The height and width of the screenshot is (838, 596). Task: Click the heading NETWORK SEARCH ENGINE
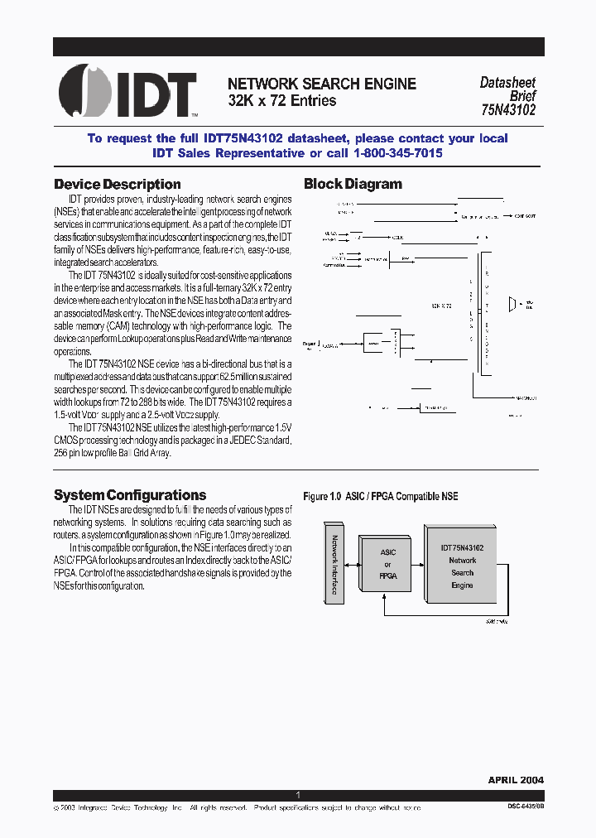[322, 84]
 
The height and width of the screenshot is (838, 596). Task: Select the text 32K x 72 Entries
[282, 100]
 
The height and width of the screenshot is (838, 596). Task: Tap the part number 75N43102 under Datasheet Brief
[507, 108]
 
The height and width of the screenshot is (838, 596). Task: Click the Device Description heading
[117, 184]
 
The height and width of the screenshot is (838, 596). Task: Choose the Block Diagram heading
[353, 184]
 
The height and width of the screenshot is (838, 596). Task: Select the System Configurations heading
[130, 495]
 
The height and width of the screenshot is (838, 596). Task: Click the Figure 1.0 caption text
[381, 497]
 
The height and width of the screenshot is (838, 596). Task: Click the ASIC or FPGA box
[387, 563]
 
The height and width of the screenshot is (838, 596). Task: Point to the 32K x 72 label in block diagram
[441, 306]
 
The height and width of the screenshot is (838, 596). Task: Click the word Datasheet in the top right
[507, 83]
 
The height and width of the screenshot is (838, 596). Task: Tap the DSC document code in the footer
[526, 807]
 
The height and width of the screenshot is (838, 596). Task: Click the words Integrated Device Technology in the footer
[127, 807]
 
